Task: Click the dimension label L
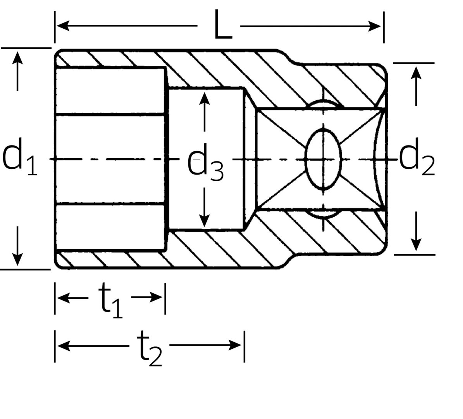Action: tap(222, 26)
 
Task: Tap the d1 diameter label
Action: tap(19, 159)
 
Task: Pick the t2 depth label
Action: tap(149, 349)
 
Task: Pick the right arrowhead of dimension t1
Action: tap(157, 298)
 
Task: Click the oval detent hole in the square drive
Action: tap(324, 159)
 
